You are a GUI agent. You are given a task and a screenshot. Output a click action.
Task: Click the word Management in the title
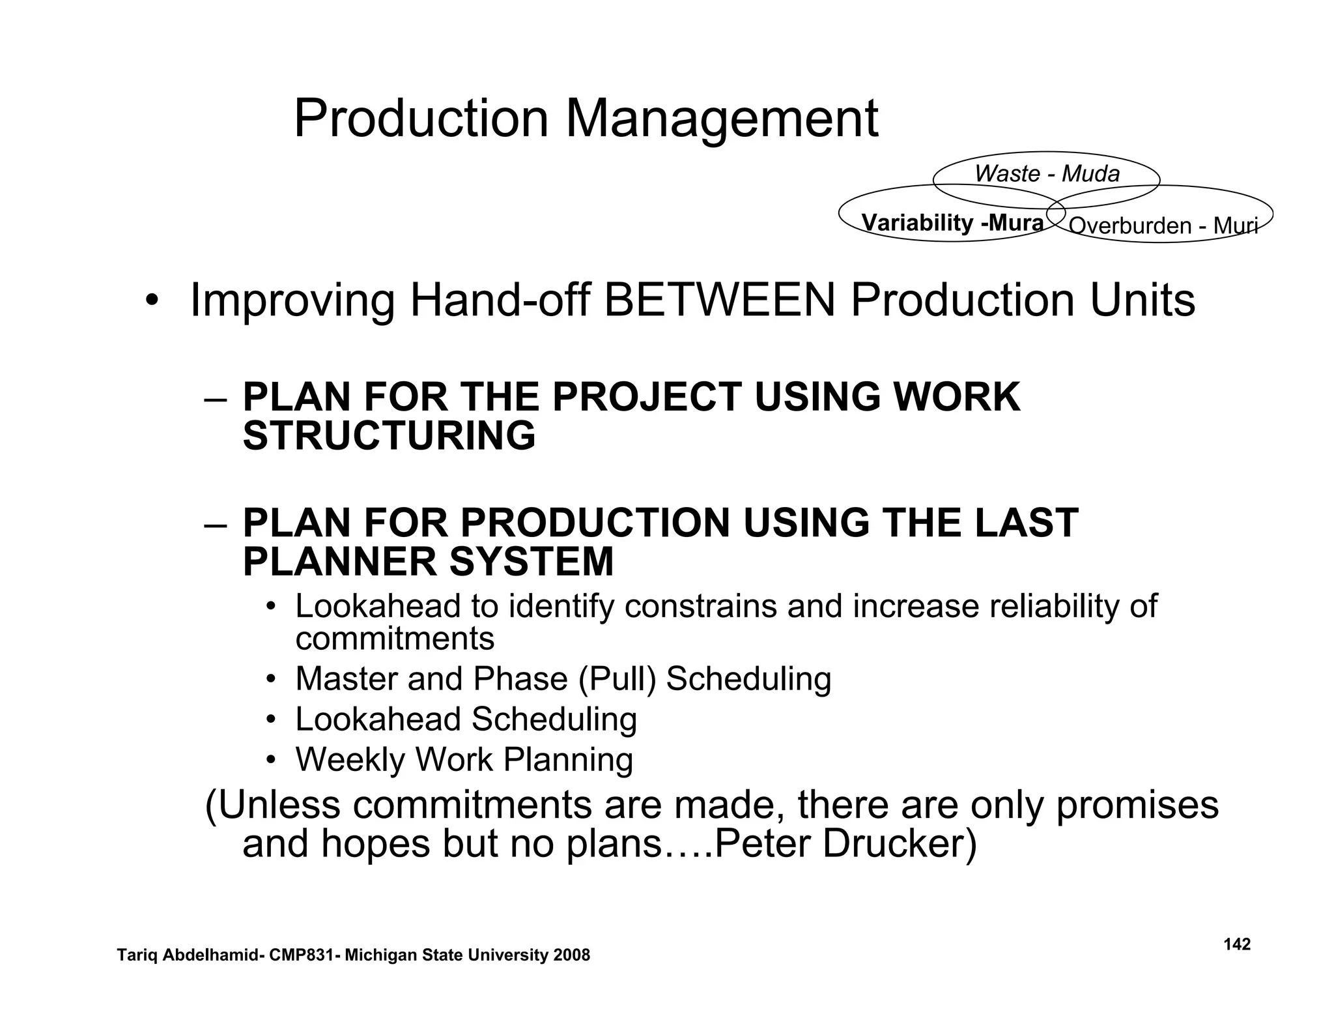point(722,119)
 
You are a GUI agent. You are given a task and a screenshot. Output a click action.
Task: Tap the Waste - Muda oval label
point(1047,174)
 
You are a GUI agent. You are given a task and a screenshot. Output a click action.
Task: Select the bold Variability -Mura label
point(952,223)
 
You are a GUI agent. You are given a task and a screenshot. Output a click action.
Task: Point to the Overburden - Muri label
point(1163,225)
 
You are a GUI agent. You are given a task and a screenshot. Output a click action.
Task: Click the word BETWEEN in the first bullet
point(719,300)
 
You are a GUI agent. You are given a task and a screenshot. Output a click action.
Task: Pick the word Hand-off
point(500,300)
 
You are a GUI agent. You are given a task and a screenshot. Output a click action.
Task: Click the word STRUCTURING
point(389,435)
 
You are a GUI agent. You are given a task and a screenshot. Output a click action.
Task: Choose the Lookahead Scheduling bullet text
point(466,719)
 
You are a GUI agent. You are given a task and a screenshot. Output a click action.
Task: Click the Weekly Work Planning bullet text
point(464,760)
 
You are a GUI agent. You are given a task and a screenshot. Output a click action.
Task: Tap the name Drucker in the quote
point(898,843)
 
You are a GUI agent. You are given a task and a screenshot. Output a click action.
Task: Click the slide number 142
point(1237,944)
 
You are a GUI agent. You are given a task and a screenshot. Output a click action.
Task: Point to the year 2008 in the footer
point(572,955)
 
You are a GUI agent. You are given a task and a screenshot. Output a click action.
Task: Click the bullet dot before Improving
point(152,302)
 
